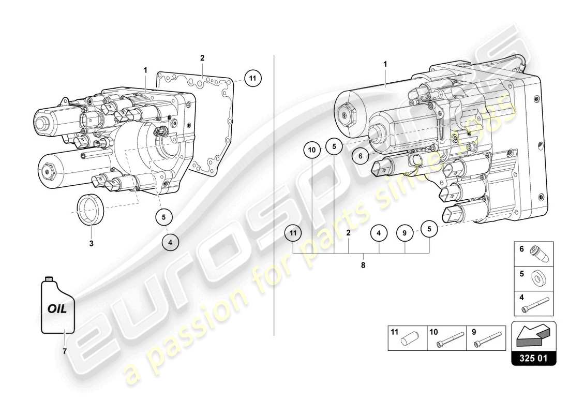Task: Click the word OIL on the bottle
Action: [57, 309]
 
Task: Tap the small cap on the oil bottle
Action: [50, 279]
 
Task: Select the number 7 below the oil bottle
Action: [65, 351]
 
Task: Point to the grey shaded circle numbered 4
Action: [171, 241]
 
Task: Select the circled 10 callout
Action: [312, 150]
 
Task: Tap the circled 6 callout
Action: [361, 154]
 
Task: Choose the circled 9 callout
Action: [405, 233]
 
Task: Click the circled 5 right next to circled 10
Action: [334, 146]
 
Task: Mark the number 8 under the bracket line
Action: [363, 265]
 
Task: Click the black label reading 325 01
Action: [533, 358]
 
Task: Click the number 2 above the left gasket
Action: [203, 58]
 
